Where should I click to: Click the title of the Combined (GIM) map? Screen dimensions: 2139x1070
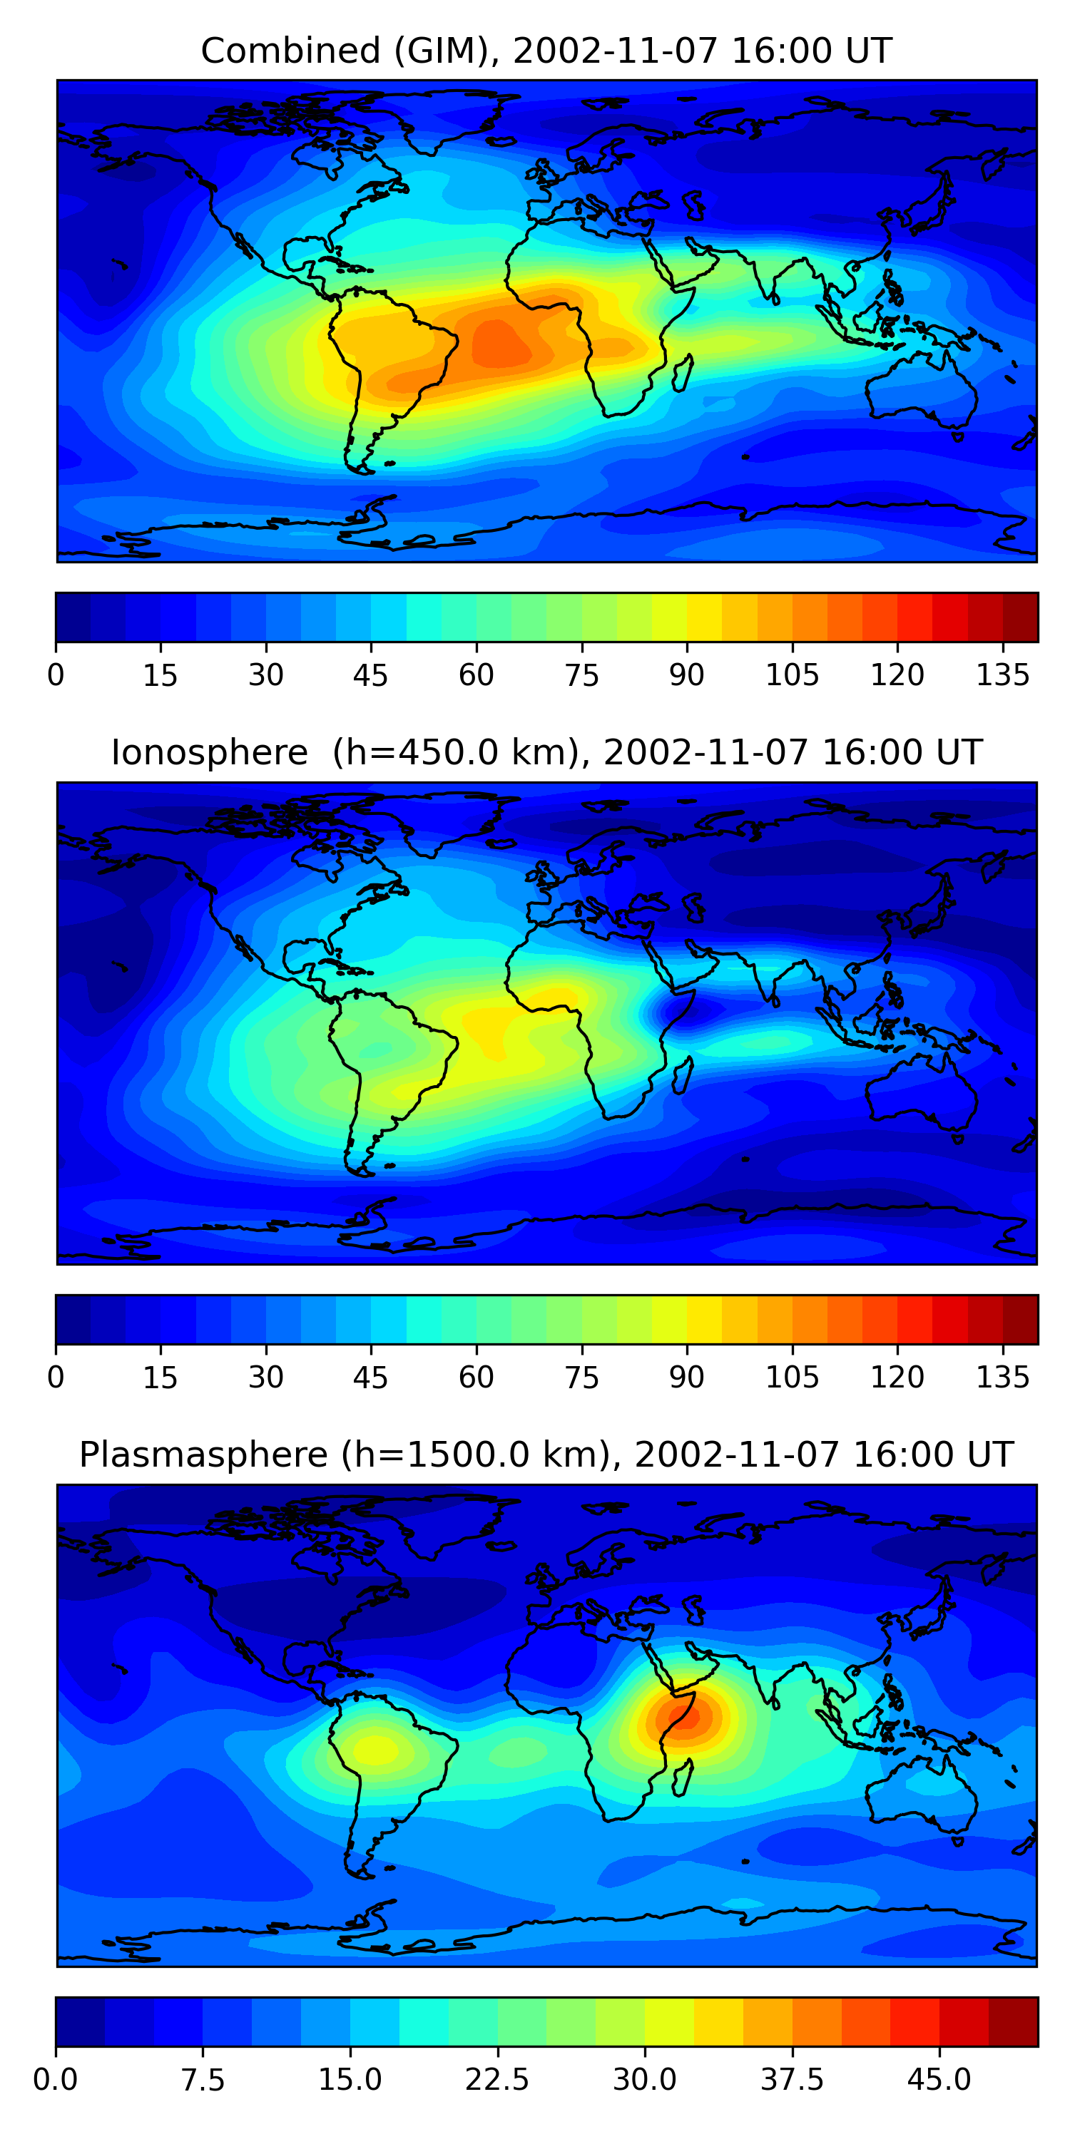pyautogui.click(x=546, y=51)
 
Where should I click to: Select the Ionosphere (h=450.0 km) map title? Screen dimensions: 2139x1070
pyautogui.click(x=546, y=752)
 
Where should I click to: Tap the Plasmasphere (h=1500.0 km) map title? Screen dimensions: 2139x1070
pyautogui.click(x=546, y=1454)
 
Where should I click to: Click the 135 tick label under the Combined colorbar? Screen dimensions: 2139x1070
pyautogui.click(x=1003, y=675)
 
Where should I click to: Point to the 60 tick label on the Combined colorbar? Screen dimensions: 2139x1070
pyautogui.click(x=476, y=675)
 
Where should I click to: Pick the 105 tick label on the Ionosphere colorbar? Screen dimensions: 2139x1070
pyautogui.click(x=792, y=1377)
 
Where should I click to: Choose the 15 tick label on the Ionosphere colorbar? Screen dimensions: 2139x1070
pyautogui.click(x=160, y=1377)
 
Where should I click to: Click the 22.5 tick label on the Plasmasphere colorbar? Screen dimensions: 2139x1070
pyautogui.click(x=496, y=2079)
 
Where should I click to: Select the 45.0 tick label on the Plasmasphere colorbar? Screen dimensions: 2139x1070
pyautogui.click(x=939, y=2079)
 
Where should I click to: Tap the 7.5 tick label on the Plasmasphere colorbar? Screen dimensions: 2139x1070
pyautogui.click(x=203, y=2079)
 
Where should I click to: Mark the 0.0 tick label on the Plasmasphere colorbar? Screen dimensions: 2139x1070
pyautogui.click(x=56, y=2079)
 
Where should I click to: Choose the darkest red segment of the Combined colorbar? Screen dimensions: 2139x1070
pyautogui.click(x=1020, y=617)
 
